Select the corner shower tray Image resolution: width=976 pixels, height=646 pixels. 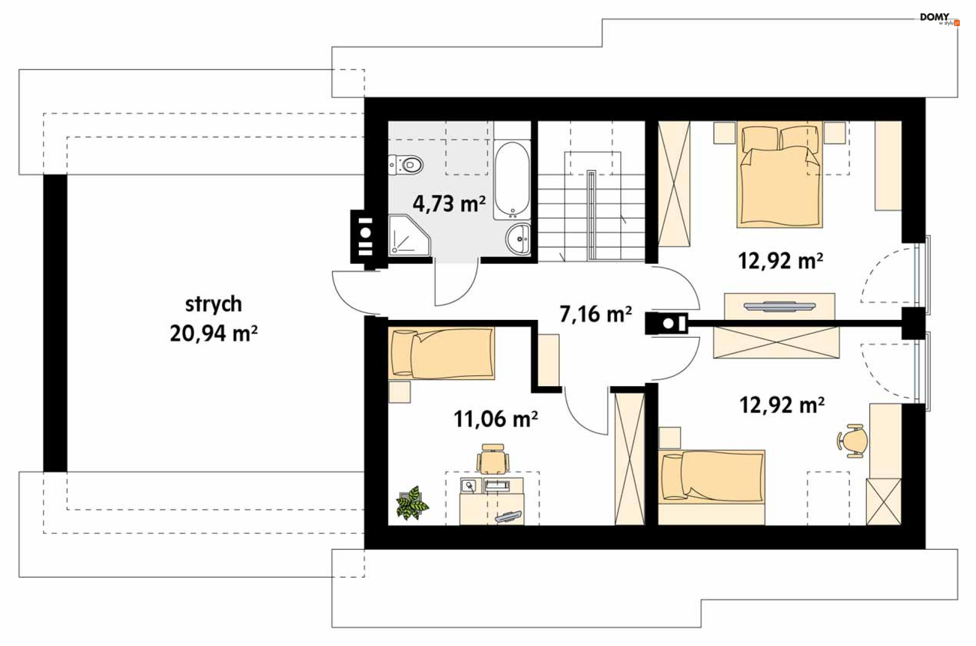409,235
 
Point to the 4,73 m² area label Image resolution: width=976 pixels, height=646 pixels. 449,203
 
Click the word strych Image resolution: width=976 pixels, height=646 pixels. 213,304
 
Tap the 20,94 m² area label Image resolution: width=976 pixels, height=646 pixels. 213,334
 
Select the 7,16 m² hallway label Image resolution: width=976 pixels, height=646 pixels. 595,314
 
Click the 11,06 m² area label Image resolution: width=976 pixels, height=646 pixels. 496,419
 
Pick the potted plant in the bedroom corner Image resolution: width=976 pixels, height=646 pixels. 412,503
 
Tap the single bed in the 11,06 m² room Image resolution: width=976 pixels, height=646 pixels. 441,354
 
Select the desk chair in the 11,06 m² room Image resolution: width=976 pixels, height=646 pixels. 493,459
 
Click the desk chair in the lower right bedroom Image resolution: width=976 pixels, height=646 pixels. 852,440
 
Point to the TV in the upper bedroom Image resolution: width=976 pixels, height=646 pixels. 779,306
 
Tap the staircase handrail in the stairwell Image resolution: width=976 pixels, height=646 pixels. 591,215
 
